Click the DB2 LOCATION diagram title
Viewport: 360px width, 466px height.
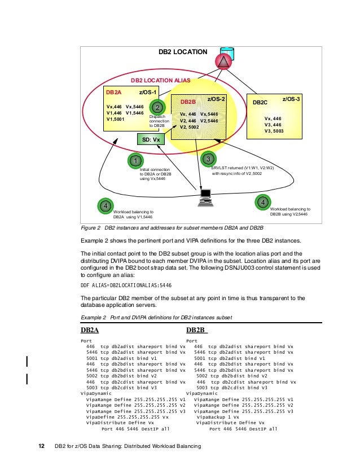(x=182, y=52)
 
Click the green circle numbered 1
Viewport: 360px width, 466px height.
(x=135, y=161)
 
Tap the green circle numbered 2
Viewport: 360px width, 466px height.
(x=158, y=107)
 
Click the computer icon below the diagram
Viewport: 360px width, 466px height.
(x=204, y=196)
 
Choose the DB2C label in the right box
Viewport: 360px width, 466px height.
(x=260, y=103)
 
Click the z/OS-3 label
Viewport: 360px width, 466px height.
(x=291, y=99)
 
